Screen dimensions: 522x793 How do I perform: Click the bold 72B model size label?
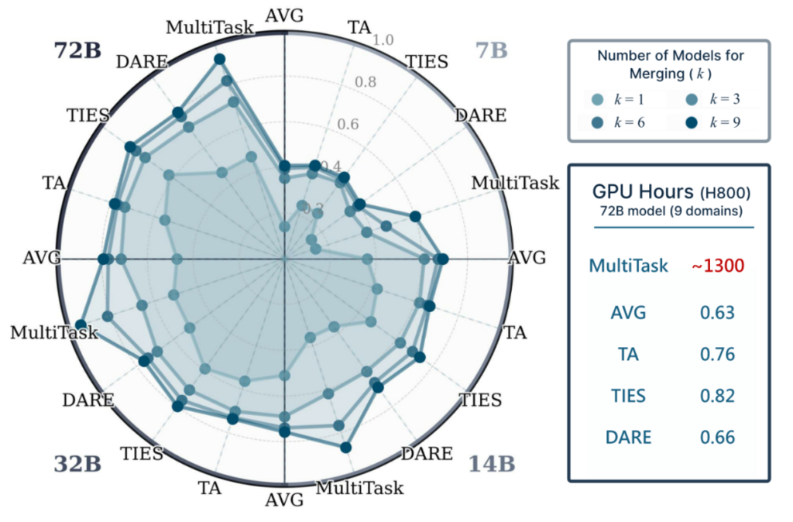77,50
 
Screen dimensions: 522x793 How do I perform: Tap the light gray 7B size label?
490,51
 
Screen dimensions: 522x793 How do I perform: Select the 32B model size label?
77,465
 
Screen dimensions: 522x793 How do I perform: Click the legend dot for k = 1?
596,100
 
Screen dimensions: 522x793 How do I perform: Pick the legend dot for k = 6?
596,122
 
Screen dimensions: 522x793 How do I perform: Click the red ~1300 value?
717,266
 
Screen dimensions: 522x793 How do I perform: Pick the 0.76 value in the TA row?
717,354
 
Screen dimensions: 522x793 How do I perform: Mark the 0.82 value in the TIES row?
717,396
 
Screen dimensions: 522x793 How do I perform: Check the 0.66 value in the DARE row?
717,437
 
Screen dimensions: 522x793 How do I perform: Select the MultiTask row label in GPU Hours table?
628,266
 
